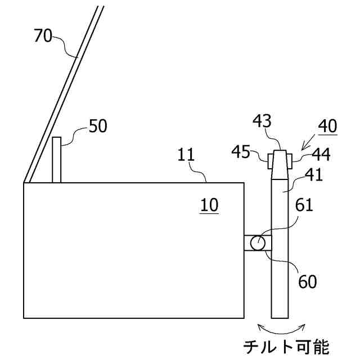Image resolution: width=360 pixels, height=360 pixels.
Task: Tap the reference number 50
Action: (98, 126)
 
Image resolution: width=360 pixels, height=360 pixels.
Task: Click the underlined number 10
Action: (209, 205)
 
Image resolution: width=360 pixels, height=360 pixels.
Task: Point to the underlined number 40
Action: (327, 125)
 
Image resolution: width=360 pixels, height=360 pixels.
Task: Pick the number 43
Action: (263, 120)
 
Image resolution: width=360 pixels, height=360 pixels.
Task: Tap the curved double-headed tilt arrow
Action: (281, 328)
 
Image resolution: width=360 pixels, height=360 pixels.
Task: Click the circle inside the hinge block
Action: (258, 243)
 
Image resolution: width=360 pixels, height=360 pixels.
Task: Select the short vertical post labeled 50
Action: (56, 160)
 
